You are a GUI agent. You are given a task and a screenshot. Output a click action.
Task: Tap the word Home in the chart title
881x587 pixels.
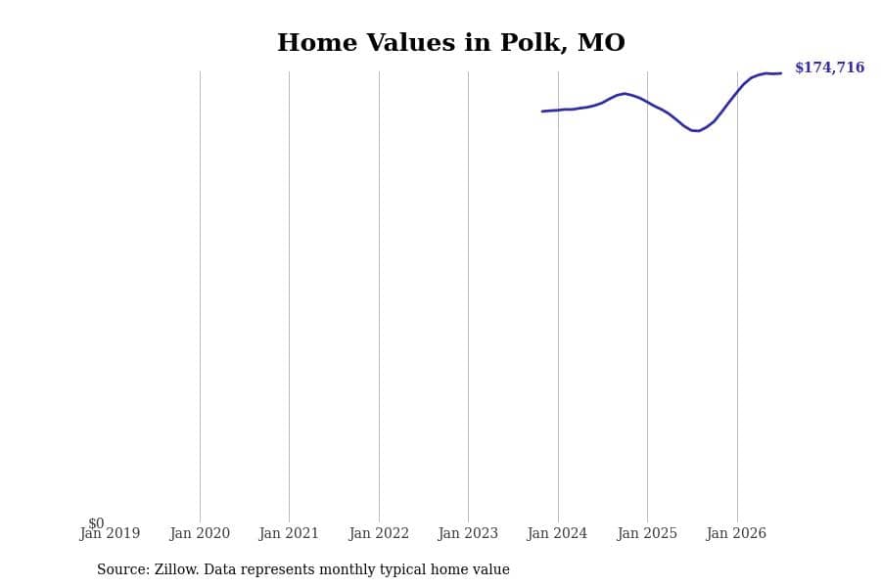point(317,43)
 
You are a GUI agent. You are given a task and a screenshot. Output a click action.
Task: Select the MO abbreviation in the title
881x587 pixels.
point(601,43)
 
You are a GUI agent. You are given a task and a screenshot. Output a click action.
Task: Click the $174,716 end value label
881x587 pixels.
point(829,68)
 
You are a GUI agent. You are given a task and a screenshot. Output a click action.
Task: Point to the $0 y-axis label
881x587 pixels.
point(96,523)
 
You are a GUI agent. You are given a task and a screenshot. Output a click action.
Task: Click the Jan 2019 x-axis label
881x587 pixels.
point(110,533)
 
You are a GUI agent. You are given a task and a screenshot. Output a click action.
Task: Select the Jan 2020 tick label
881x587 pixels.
point(200,533)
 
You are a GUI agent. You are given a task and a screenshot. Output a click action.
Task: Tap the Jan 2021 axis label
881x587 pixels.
point(289,533)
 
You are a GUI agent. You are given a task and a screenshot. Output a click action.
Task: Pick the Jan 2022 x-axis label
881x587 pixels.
point(379,533)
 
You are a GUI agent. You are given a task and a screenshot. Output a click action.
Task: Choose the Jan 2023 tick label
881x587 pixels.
point(468,533)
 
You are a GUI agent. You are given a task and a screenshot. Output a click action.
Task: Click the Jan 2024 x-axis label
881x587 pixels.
point(557,533)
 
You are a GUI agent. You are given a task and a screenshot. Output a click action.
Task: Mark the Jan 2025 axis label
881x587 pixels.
point(647,533)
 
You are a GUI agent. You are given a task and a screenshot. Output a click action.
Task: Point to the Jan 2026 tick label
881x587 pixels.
point(736,533)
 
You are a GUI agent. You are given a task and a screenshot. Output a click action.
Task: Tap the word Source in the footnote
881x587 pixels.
point(123,569)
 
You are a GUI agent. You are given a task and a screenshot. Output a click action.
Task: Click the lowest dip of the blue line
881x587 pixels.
point(696,130)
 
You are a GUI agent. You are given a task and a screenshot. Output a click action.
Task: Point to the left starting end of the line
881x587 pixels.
point(542,112)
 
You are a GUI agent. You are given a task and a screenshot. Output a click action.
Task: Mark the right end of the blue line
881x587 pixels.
point(780,73)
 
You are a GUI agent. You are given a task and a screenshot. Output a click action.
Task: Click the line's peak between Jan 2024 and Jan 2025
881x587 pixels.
point(625,93)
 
